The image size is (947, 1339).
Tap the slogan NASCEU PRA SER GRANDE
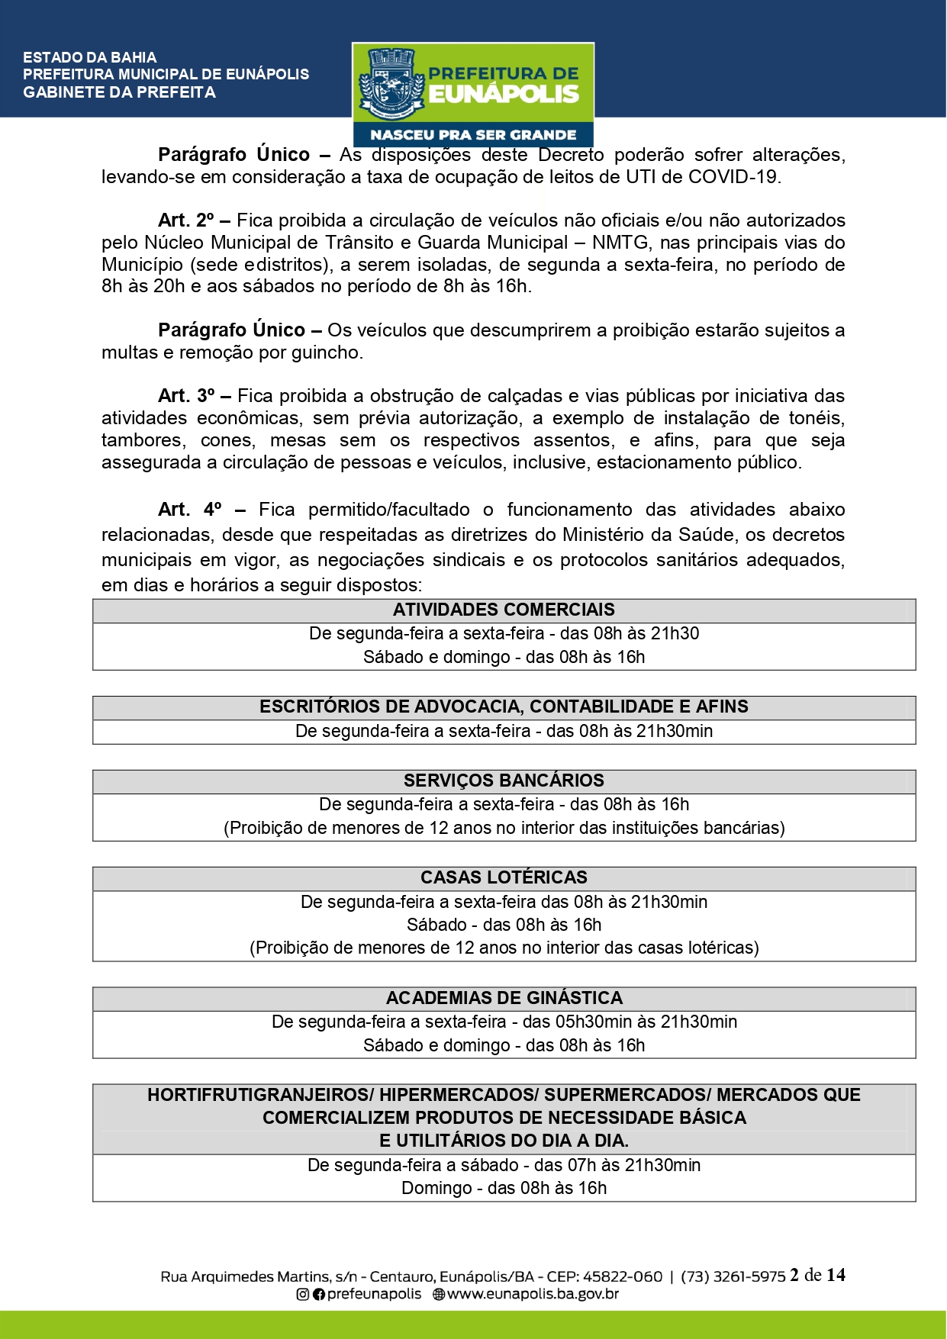(x=473, y=135)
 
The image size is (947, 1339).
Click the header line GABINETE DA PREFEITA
(x=119, y=92)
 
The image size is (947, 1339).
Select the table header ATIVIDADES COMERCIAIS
(x=504, y=610)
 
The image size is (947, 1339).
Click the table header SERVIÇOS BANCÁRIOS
(x=504, y=781)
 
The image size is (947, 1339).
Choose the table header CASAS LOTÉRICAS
(x=504, y=877)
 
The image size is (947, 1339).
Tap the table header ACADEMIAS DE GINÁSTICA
(x=504, y=998)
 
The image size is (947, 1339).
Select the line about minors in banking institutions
(x=504, y=828)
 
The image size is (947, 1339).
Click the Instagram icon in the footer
(x=303, y=1294)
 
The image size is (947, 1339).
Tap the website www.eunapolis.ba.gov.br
(x=532, y=1294)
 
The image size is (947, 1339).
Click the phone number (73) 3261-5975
(x=733, y=1276)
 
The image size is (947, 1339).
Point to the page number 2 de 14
(x=817, y=1275)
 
